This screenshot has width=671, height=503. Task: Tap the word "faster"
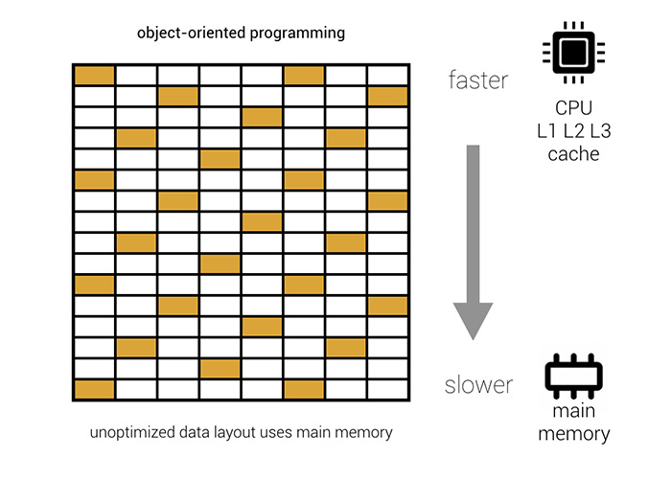click(x=477, y=80)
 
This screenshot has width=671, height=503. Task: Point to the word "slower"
click(x=478, y=386)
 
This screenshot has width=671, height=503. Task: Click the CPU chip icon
click(x=572, y=48)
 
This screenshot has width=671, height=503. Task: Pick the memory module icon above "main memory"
click(x=572, y=378)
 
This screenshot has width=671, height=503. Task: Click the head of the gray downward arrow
click(x=473, y=320)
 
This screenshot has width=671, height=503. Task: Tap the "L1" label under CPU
click(x=542, y=131)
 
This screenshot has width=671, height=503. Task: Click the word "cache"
click(x=573, y=153)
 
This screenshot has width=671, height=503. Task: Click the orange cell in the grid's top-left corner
click(x=94, y=75)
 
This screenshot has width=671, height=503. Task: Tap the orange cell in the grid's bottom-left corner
click(x=94, y=389)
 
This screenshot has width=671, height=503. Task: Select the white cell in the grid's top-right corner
click(x=387, y=75)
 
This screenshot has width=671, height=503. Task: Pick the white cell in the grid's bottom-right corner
click(x=387, y=389)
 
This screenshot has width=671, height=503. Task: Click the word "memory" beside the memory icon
click(x=573, y=434)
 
